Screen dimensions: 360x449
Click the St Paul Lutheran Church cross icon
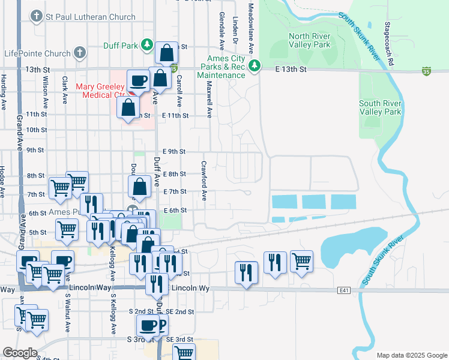37,17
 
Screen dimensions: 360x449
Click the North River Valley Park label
309,40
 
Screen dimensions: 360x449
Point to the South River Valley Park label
380,107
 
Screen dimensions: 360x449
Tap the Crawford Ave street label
204,180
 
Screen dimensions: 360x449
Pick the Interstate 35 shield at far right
426,71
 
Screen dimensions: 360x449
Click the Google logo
19,352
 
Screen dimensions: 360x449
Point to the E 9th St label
174,152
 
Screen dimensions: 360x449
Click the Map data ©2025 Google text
411,355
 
